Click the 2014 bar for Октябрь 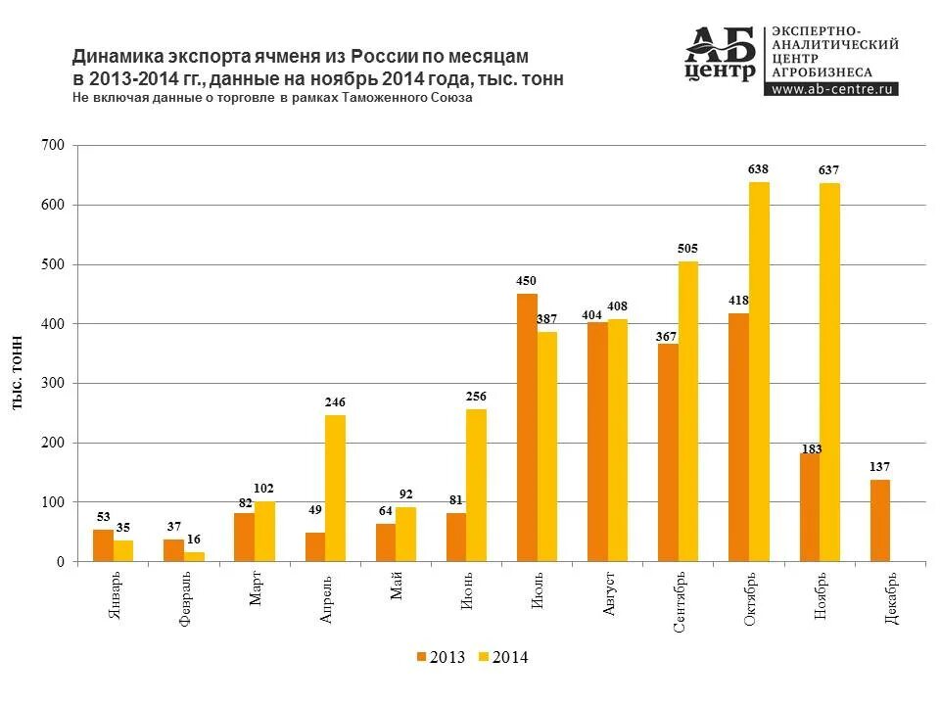coord(759,372)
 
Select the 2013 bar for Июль coord(527,428)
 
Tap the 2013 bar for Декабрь coord(880,521)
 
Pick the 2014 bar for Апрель coord(335,489)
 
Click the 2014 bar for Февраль coord(194,557)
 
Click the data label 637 coord(828,171)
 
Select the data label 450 coord(527,282)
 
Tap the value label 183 coord(811,449)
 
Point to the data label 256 coord(476,397)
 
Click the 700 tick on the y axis coord(53,146)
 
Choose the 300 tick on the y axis coord(53,384)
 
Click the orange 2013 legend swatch coord(422,657)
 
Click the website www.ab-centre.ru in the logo coord(834,89)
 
